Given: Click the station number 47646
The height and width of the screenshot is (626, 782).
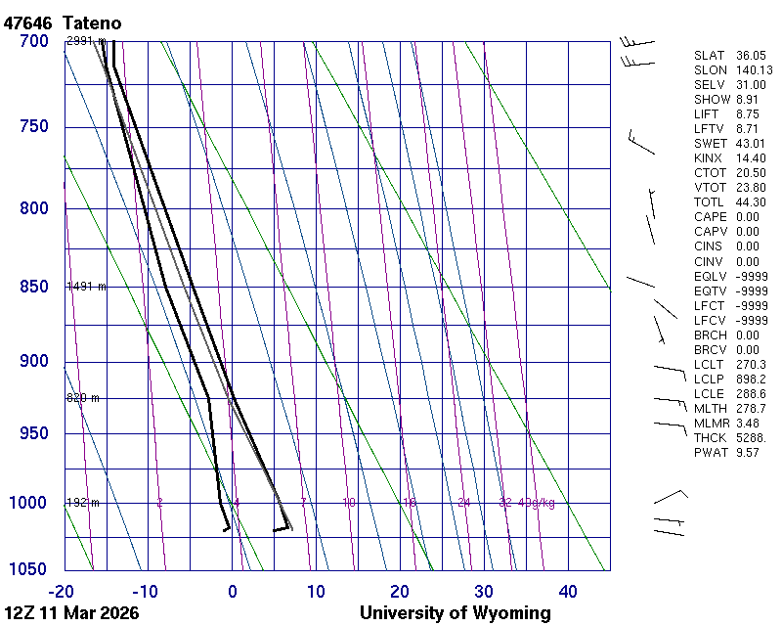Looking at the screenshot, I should click(x=27, y=22).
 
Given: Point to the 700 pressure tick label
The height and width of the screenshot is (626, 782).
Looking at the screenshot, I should click(x=33, y=41).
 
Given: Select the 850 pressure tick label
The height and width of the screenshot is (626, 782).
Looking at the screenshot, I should click(x=33, y=287).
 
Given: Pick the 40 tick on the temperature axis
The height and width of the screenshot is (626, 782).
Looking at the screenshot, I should click(x=568, y=591).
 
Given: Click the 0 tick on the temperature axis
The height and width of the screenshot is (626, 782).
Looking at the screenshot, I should click(x=233, y=591).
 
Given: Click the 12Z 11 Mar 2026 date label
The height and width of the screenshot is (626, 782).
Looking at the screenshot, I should click(x=70, y=613).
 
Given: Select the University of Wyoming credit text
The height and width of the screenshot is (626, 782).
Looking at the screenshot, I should click(x=456, y=613).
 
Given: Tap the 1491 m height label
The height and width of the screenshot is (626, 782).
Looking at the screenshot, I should click(x=86, y=287).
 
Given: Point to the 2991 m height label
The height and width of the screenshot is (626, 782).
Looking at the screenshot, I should click(x=86, y=41).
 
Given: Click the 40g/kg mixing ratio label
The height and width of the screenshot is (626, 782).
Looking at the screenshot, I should click(x=539, y=503).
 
